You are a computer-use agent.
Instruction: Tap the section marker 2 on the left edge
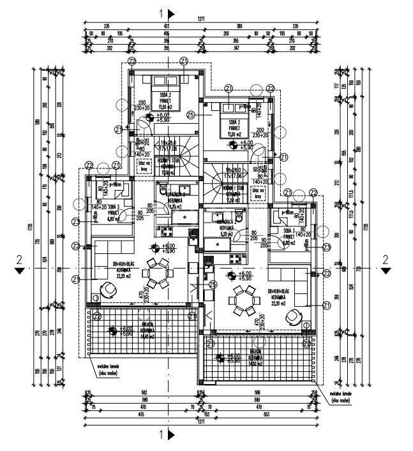pos(20,263)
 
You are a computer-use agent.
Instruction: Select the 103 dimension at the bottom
pos(200,415)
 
